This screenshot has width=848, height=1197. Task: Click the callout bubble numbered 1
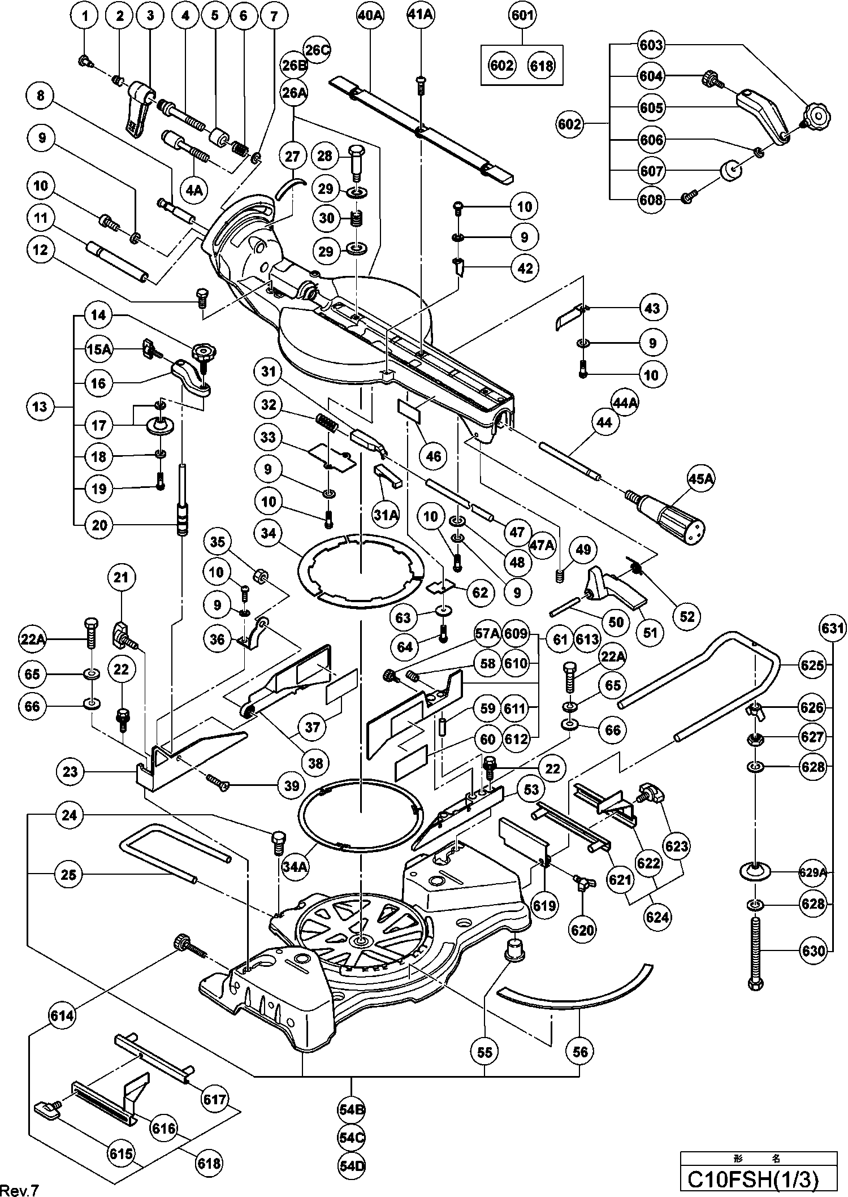[85, 16]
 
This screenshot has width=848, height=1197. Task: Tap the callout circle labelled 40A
[370, 16]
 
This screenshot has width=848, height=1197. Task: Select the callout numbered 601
[522, 15]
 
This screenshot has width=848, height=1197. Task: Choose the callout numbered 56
[581, 1051]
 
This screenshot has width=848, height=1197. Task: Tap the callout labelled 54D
[352, 1165]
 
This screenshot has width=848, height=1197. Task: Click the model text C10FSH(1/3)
[752, 1180]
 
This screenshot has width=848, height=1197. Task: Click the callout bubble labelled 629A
[813, 872]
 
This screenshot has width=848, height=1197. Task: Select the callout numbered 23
[70, 771]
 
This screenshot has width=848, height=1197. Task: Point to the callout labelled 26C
[317, 50]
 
